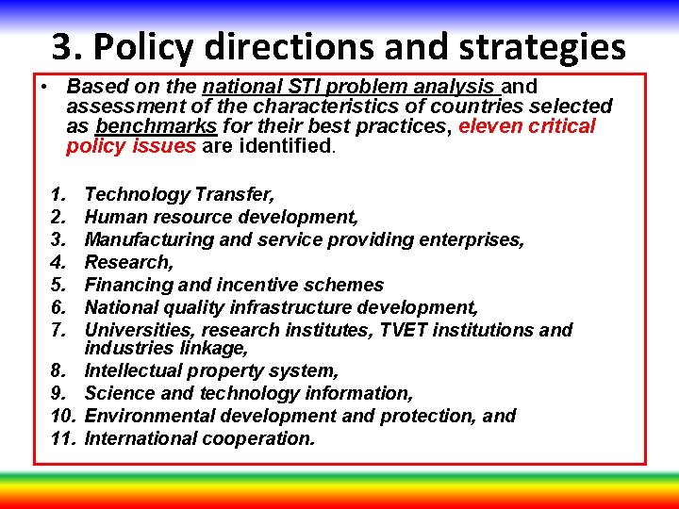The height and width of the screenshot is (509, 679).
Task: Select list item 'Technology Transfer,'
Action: (x=179, y=194)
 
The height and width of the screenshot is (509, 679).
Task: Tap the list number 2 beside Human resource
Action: (x=58, y=217)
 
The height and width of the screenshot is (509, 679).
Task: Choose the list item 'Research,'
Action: (x=128, y=262)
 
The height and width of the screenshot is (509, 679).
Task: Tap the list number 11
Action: (x=62, y=438)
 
